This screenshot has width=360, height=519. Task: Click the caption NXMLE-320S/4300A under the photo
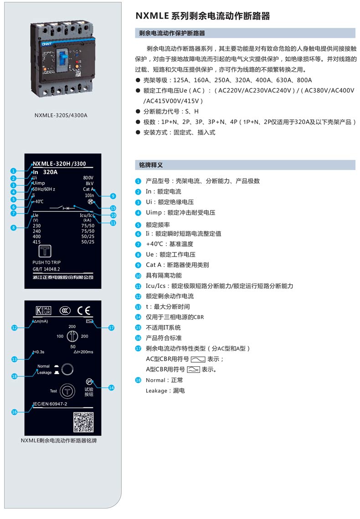point(61,115)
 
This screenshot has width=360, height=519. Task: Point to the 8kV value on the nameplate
point(89,183)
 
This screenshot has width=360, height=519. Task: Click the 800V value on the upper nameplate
point(88,177)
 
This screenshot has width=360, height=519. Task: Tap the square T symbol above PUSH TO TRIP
point(45,252)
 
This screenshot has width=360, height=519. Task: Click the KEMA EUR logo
point(43,310)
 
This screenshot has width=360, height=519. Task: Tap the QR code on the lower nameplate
point(83,422)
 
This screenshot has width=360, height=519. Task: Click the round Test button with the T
point(67,391)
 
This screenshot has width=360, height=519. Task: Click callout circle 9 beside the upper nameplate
point(113,196)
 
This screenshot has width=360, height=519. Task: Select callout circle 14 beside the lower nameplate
point(111,388)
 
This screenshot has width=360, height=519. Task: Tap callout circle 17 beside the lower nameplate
point(111,327)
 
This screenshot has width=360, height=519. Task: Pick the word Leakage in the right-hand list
point(156,391)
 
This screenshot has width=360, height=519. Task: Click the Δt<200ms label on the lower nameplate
point(83,352)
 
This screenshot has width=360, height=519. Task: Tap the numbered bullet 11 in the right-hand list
point(138,286)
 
